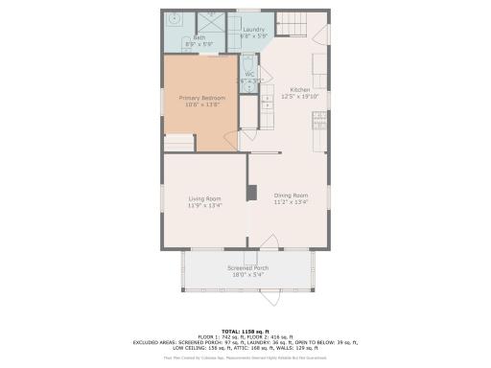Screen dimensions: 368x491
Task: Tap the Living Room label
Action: (204, 198)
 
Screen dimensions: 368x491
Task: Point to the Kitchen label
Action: (300, 89)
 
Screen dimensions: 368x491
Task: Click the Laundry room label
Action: (253, 30)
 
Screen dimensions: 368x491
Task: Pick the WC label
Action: (248, 74)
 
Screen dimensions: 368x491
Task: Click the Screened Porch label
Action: (247, 267)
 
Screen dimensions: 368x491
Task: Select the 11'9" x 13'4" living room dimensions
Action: (204, 205)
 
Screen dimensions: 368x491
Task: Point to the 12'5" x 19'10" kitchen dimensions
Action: (300, 96)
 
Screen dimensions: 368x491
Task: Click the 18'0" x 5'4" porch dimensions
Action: (247, 274)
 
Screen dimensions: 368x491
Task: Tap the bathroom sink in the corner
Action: (175, 19)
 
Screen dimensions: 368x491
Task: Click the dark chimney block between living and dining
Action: (251, 193)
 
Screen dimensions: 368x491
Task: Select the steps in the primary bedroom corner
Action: (179, 142)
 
